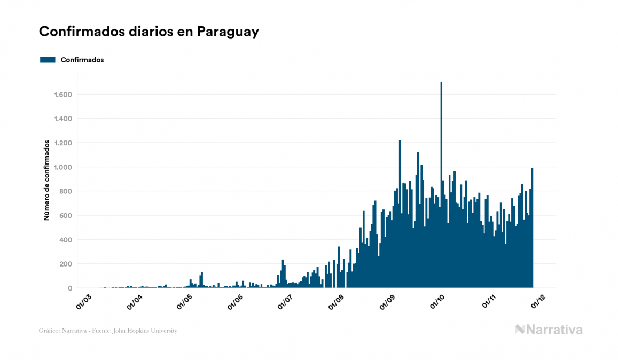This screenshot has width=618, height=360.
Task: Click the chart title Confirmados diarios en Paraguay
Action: [149, 32]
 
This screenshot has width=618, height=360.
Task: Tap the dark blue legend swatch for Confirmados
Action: [48, 60]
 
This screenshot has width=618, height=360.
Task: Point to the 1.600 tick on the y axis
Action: [63, 95]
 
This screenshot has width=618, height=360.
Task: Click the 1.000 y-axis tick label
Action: [63, 167]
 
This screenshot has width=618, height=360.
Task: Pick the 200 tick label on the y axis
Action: [66, 264]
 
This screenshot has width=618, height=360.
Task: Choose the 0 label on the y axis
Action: [70, 288]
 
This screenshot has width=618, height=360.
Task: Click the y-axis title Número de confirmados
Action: [46, 181]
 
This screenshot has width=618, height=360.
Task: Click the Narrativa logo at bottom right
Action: [549, 330]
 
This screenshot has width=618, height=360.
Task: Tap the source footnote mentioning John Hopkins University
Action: [108, 331]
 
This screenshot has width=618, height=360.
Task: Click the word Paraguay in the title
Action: [228, 32]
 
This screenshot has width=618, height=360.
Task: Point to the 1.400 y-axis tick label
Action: [63, 119]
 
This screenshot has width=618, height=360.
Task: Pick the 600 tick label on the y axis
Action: [66, 216]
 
